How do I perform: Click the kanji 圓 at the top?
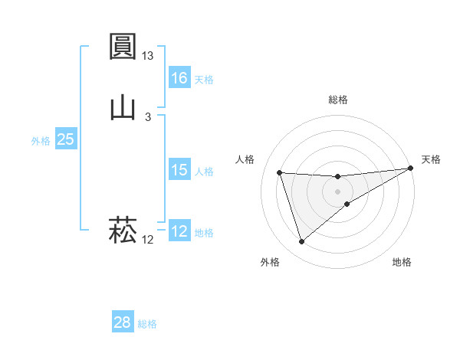(123, 47)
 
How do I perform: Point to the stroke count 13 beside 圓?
(148, 56)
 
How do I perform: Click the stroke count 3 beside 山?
(148, 116)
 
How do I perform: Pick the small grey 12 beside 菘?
(148, 240)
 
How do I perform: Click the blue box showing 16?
(179, 78)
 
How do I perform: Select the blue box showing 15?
(179, 170)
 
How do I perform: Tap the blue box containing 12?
(179, 231)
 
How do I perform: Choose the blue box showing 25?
(66, 139)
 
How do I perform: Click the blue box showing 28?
(123, 322)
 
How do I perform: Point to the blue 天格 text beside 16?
(204, 80)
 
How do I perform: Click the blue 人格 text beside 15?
(204, 172)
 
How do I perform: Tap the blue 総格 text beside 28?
(147, 324)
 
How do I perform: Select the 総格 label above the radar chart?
(338, 100)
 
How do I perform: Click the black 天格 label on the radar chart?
(432, 159)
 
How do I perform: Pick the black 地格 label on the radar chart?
(402, 262)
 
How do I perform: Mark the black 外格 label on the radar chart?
(270, 262)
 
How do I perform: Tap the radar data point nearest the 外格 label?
(301, 242)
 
